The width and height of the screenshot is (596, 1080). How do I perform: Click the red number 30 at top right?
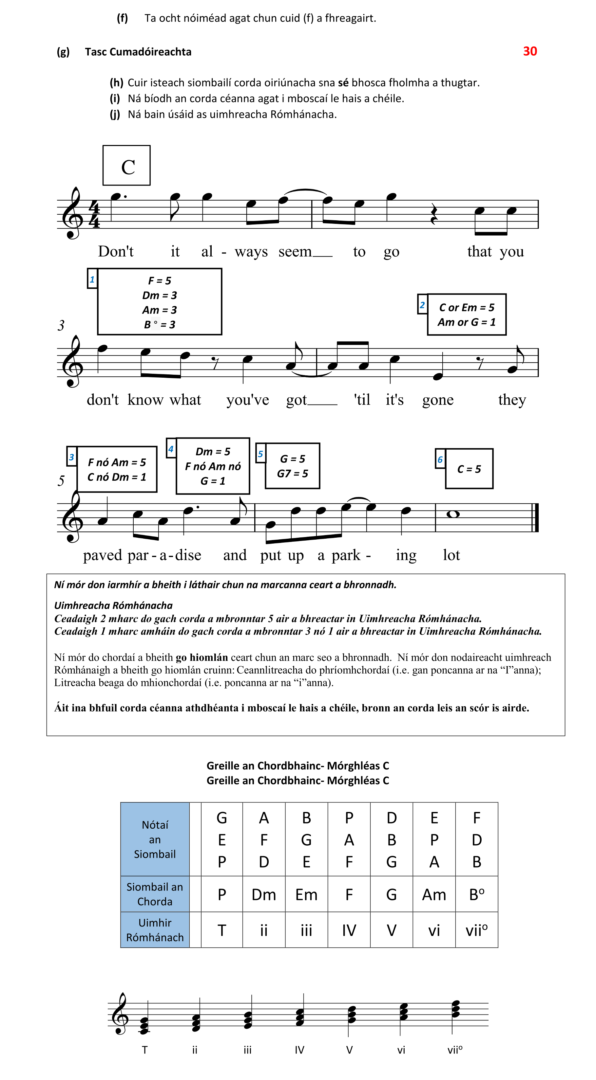click(x=530, y=51)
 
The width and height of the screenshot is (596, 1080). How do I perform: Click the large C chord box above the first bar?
click(x=126, y=166)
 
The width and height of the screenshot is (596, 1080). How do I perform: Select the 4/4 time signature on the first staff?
click(x=94, y=214)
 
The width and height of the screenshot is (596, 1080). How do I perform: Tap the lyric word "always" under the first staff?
click(x=235, y=252)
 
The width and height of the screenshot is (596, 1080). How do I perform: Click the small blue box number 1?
click(x=92, y=279)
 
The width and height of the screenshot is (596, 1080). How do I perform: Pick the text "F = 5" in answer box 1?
click(x=160, y=280)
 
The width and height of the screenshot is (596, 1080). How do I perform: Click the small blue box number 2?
click(x=422, y=305)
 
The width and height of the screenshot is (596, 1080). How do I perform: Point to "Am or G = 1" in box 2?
click(x=466, y=322)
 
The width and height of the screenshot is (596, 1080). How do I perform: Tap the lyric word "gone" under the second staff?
click(x=438, y=400)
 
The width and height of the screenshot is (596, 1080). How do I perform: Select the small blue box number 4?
click(x=171, y=449)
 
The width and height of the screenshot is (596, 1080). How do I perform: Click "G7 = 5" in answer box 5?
click(x=293, y=473)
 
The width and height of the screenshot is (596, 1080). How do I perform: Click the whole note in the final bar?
click(x=453, y=514)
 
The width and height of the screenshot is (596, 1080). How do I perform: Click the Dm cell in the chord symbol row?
click(x=263, y=895)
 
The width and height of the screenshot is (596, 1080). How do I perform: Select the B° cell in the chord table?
click(x=476, y=895)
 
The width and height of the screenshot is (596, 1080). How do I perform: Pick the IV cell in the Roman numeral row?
click(x=349, y=930)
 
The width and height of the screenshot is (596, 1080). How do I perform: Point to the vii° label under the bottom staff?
click(x=454, y=1050)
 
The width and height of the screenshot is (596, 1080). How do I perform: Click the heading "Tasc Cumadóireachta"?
click(x=138, y=52)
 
